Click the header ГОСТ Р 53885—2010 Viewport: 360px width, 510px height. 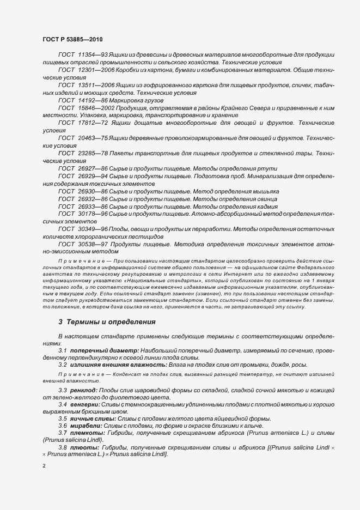click(x=72, y=40)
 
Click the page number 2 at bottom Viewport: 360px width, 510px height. click(x=44, y=466)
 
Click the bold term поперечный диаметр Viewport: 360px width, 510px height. click(x=103, y=350)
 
